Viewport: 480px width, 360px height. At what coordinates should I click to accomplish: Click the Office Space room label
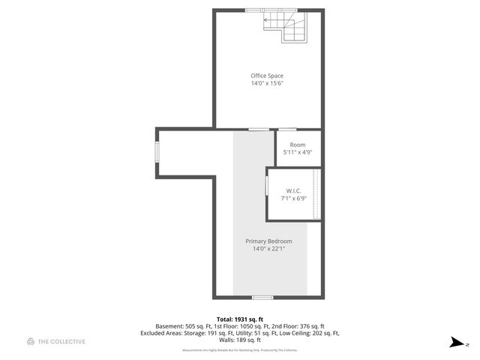pyautogui.click(x=267, y=76)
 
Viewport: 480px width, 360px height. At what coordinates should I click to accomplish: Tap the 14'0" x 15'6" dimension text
pyautogui.click(x=267, y=83)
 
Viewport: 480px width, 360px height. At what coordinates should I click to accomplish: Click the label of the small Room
pyautogui.click(x=298, y=145)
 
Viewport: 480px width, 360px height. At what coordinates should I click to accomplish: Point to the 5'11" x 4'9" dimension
pyautogui.click(x=298, y=152)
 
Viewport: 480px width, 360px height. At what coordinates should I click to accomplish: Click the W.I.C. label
pyautogui.click(x=293, y=191)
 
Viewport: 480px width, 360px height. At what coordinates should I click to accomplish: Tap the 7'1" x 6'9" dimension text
pyautogui.click(x=293, y=199)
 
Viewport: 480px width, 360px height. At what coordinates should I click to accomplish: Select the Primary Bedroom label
pyautogui.click(x=268, y=241)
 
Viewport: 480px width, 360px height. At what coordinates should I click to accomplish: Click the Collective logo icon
pyautogui.click(x=31, y=342)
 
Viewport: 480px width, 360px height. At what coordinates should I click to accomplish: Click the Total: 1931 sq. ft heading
pyautogui.click(x=240, y=319)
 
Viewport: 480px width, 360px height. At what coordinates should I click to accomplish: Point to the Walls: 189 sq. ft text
pyautogui.click(x=240, y=340)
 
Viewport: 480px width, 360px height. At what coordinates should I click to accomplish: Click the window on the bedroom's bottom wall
pyautogui.click(x=262, y=297)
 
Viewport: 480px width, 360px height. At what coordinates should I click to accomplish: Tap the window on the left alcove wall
pyautogui.click(x=157, y=151)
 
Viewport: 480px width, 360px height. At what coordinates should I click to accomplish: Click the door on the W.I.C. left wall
pyautogui.click(x=266, y=185)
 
